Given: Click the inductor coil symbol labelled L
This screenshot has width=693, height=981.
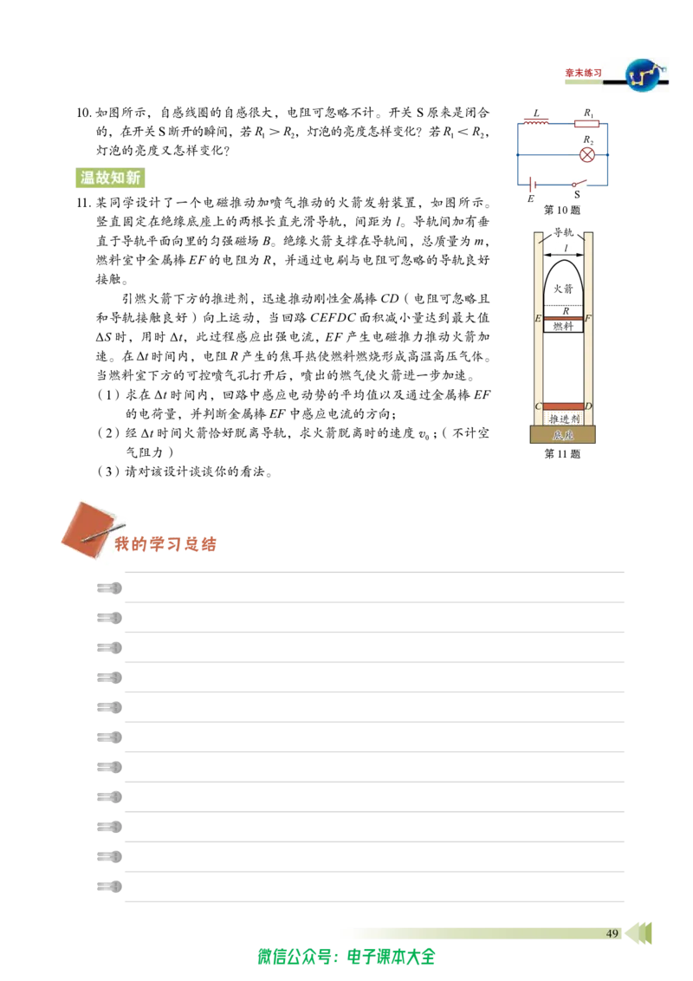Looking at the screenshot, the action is (x=536, y=122).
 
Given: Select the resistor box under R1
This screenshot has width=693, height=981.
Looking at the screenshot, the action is (x=586, y=123).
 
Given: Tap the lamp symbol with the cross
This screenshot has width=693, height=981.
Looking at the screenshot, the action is (x=586, y=154).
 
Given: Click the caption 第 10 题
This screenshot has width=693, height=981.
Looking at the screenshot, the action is (x=561, y=211).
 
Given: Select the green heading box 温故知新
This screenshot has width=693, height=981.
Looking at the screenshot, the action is (x=110, y=178).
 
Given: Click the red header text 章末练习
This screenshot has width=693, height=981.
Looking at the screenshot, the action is (x=583, y=73).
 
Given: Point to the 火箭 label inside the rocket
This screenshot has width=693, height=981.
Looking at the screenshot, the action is (x=563, y=289).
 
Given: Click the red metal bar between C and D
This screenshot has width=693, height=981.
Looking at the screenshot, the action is (x=563, y=406).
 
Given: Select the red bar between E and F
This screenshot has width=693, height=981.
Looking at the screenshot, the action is (x=563, y=318).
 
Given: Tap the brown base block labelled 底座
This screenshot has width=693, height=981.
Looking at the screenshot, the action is (x=562, y=434).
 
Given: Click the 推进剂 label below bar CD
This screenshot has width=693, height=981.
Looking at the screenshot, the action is (x=564, y=419).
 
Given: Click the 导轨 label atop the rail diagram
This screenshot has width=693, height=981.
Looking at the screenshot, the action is (x=563, y=232).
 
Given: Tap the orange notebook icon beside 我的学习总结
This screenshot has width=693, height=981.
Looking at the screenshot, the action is (x=92, y=529).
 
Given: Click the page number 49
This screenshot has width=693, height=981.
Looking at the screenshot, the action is (x=612, y=933).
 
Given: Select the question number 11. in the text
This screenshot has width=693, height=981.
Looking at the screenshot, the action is (x=84, y=203).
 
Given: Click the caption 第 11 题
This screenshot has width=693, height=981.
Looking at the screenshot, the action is (x=561, y=454).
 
